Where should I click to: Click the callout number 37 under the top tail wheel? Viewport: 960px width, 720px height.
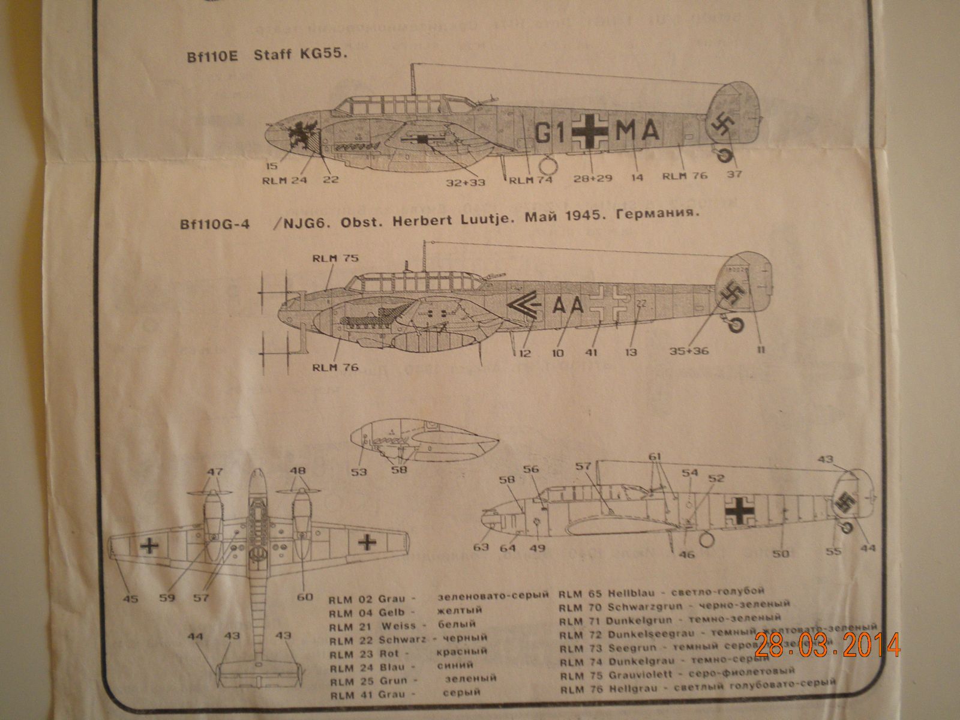point(735,174)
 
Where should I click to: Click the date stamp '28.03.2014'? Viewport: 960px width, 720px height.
point(827,646)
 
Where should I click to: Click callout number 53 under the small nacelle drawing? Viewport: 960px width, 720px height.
point(359,472)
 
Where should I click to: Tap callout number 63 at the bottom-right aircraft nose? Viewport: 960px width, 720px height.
point(481,547)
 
